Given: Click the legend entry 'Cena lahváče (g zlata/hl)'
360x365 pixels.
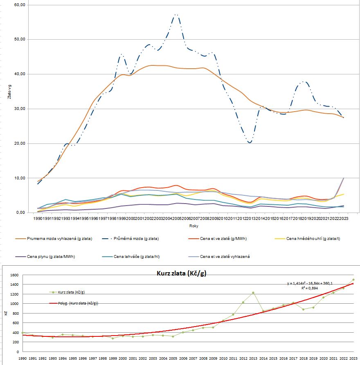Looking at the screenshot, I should pyautogui.click(x=135, y=257).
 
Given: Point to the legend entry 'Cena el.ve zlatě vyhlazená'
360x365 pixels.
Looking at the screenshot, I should pyautogui.click(x=225, y=257).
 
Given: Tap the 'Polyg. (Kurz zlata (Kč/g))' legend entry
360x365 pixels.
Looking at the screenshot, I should pyautogui.click(x=78, y=303).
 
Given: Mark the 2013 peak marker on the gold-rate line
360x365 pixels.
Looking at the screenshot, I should pyautogui.click(x=253, y=293).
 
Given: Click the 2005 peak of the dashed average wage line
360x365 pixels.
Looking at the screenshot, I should pyautogui.click(x=176, y=15).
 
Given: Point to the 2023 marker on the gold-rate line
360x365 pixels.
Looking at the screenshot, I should pyautogui.click(x=353, y=280).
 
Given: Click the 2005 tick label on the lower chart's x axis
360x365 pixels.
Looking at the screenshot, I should pyautogui.click(x=173, y=358).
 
